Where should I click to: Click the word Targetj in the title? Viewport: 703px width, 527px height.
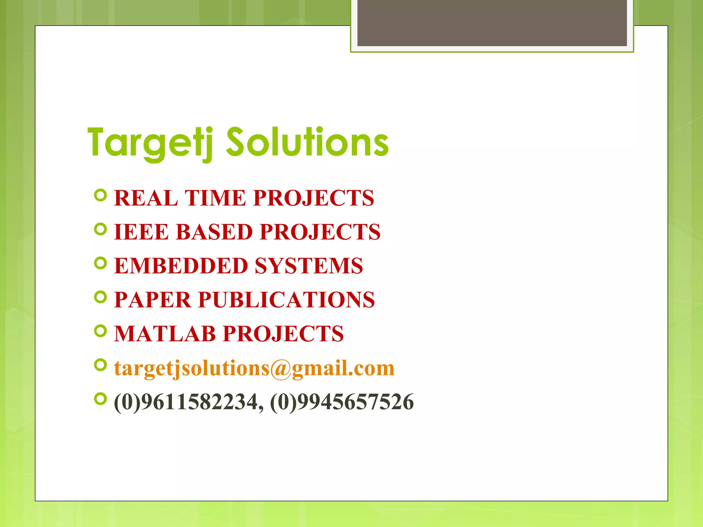coord(150,143)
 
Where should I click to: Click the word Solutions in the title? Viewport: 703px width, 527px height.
coord(307,142)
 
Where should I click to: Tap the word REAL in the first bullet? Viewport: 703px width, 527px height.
coord(146,198)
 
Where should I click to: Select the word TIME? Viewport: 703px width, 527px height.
coord(216,198)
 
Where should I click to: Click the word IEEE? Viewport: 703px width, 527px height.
coord(141,232)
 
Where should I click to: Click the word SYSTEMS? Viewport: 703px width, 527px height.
coord(309,266)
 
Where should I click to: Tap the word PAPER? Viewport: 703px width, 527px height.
coord(152,300)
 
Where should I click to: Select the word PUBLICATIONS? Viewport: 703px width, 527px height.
coord(287,300)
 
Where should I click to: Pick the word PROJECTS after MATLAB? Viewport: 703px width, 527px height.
coord(283,334)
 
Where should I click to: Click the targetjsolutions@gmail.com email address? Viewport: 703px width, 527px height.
coord(254,368)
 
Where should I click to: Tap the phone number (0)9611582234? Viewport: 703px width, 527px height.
coord(188,402)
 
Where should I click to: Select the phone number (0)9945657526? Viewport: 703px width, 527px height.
coord(342,402)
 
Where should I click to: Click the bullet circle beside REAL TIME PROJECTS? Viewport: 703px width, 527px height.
coord(100,195)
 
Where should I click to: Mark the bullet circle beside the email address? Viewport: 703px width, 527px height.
coord(100,365)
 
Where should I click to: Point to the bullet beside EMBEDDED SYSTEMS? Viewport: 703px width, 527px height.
coord(100,263)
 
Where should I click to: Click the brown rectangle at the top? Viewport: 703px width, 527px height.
coord(492,23)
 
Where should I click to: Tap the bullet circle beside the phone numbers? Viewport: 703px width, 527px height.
coord(100,399)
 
